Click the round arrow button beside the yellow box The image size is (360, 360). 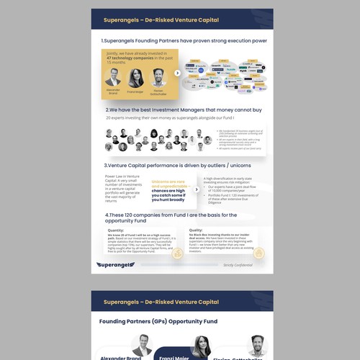point(178,73)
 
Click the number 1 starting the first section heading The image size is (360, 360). point(102,41)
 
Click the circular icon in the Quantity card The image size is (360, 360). point(181,253)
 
